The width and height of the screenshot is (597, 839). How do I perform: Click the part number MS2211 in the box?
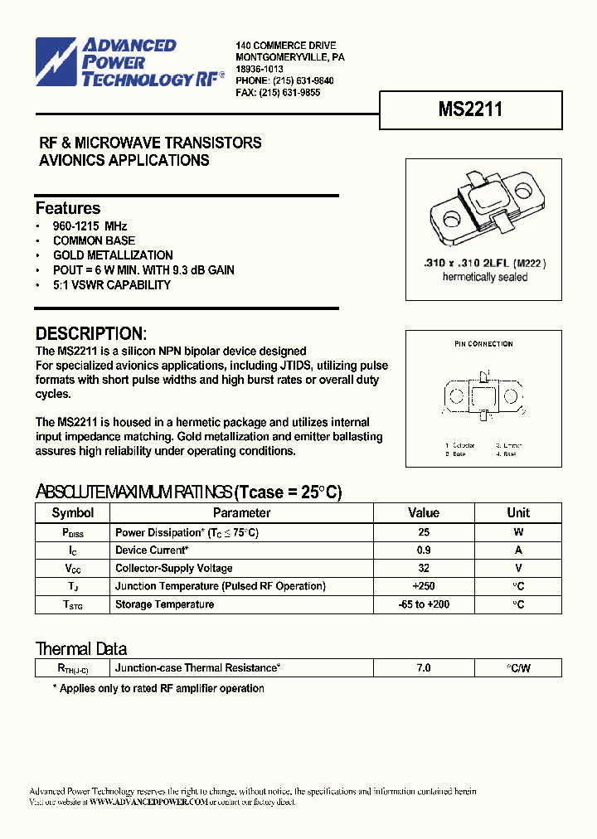click(x=470, y=110)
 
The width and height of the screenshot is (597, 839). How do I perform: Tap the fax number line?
click(x=278, y=94)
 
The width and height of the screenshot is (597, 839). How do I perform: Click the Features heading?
click(x=68, y=208)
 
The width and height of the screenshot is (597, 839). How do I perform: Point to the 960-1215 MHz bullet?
click(x=90, y=226)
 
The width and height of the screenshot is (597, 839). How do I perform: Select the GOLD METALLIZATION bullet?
click(x=113, y=255)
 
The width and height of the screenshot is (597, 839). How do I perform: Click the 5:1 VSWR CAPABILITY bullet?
click(x=112, y=285)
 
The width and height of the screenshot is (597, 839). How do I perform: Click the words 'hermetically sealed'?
click(x=485, y=277)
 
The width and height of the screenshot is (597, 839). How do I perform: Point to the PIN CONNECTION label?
click(x=483, y=344)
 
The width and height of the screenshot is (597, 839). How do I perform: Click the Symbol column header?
click(x=73, y=513)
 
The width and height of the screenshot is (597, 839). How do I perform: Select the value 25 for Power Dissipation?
click(x=424, y=532)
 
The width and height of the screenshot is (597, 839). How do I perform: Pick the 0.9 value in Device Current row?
click(x=424, y=550)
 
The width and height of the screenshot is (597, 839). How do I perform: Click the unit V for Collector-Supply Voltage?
click(x=518, y=569)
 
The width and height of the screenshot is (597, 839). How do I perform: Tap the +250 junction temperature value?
click(x=424, y=586)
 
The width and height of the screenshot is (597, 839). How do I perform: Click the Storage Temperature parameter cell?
click(x=164, y=604)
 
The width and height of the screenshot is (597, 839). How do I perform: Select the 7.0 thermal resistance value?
click(x=424, y=667)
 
